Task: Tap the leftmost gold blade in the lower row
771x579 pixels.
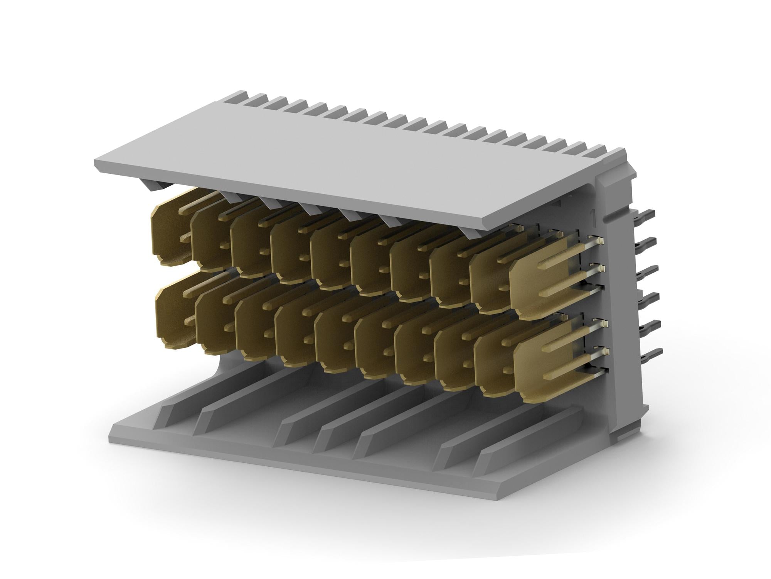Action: click(173, 317)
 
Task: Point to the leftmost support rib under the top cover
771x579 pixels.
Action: click(154, 185)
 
